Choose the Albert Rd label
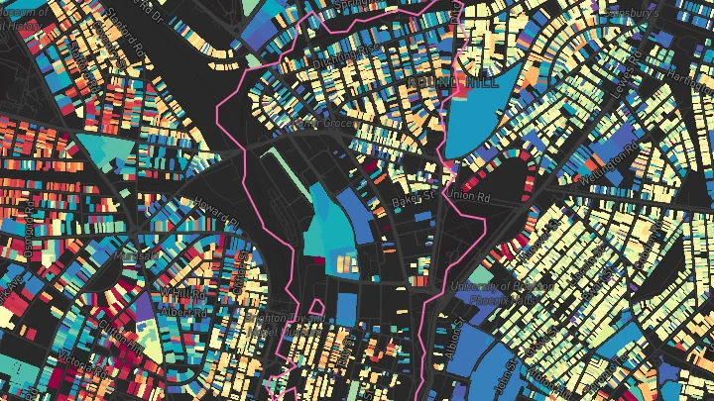pyautogui.click(x=184, y=309)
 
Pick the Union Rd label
pyautogui.click(x=470, y=193)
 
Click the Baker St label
pyautogui.click(x=414, y=201)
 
